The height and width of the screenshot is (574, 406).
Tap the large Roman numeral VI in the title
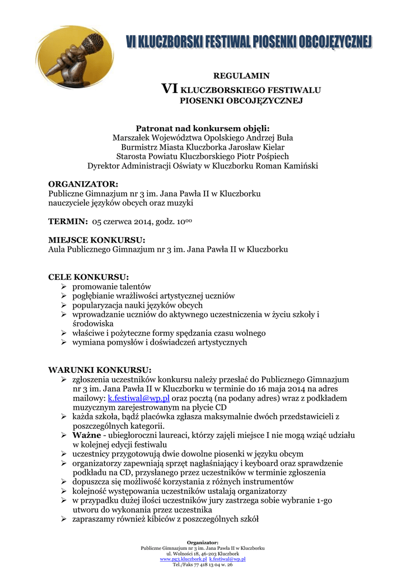tap(169, 89)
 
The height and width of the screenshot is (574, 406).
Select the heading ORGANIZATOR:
tap(83, 184)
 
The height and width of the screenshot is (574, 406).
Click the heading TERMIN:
tap(68, 222)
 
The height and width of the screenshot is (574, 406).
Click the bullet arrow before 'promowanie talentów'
tap(64, 286)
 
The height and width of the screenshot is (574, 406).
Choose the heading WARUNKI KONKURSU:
tap(100, 370)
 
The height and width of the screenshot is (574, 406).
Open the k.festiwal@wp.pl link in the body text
tap(138, 399)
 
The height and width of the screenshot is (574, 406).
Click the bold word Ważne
tap(86, 435)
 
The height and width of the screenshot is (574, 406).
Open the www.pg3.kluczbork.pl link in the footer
tap(183, 559)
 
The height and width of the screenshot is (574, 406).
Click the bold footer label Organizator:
tap(203, 542)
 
